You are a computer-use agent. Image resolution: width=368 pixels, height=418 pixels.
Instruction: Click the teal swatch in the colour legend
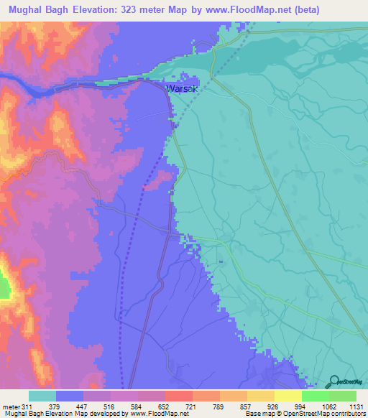[x=42, y=396]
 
